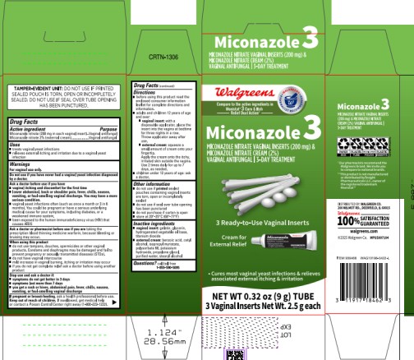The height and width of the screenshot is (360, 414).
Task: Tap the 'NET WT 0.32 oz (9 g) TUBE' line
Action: pyautogui.click(x=261, y=297)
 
